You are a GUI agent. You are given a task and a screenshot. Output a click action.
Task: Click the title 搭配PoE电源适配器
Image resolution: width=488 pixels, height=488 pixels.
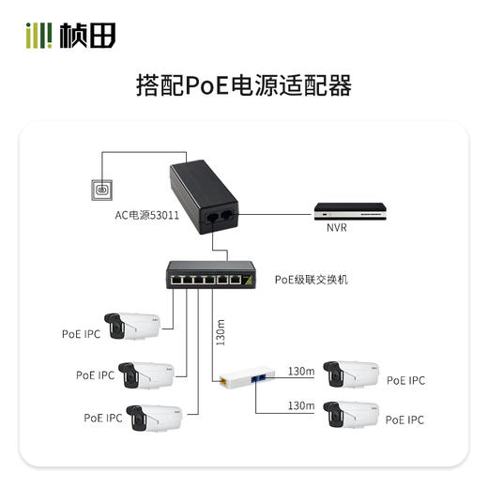[243, 86]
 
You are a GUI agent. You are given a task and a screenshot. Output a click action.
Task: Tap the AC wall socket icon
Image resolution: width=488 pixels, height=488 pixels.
[100, 191]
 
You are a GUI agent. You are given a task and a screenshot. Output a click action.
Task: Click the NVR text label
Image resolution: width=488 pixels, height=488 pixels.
[337, 229]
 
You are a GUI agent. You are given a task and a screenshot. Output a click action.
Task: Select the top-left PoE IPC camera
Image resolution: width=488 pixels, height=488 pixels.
[132, 324]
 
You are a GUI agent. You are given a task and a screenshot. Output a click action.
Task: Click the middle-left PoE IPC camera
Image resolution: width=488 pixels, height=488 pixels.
[145, 374]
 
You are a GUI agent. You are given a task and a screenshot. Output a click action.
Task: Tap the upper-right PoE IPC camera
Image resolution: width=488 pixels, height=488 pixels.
[348, 374]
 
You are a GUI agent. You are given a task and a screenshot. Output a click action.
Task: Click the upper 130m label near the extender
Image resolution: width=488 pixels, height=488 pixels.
[300, 369]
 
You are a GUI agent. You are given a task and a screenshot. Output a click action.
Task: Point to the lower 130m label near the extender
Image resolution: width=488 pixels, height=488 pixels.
[300, 405]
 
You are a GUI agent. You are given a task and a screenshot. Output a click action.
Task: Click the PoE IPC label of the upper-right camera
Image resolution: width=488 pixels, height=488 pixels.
[405, 380]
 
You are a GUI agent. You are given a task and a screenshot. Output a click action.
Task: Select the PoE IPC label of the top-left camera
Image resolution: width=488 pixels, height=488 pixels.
[81, 332]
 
